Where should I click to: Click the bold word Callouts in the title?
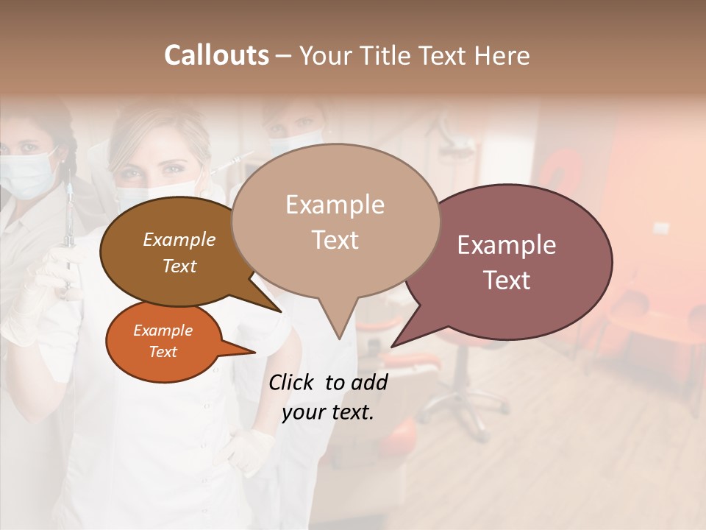point(216,55)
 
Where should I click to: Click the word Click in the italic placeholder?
point(293,382)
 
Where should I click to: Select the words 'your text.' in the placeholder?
point(328,412)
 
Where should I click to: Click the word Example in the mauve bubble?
point(507,245)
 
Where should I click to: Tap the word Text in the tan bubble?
point(335,239)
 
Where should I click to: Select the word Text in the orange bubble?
point(163,352)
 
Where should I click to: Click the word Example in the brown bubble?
point(179,239)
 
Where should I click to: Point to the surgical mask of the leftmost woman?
point(26,175)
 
